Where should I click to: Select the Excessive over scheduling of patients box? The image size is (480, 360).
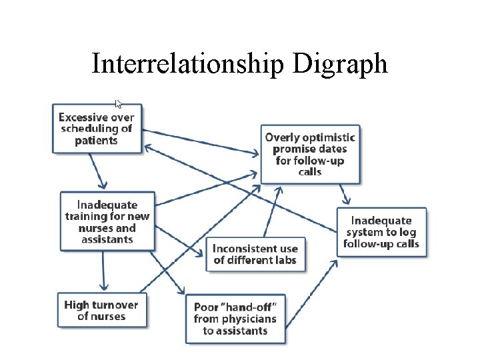[97, 129]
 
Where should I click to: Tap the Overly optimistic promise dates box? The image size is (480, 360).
[310, 154]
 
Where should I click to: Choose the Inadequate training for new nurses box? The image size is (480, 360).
[107, 221]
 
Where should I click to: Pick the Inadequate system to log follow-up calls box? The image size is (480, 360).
[381, 232]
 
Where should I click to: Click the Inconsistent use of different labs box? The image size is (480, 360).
[255, 254]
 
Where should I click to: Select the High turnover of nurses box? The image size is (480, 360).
[101, 310]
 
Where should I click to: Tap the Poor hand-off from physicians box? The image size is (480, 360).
[235, 319]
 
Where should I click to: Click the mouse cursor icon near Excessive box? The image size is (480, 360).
[119, 104]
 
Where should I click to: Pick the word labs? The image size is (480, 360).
[283, 260]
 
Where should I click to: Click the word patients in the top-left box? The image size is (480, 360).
[96, 141]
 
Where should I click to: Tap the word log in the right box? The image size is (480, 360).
[409, 232]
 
